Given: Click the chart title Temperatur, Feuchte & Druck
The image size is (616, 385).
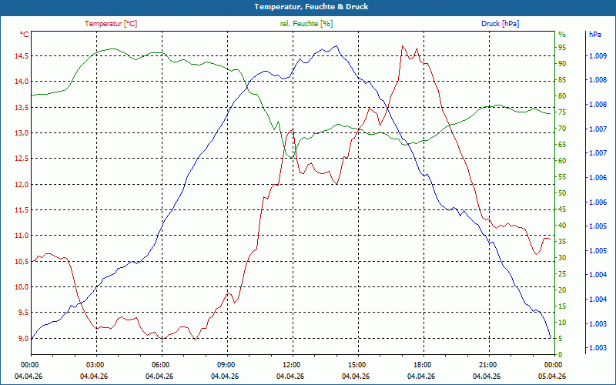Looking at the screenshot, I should pyautogui.click(x=307, y=6).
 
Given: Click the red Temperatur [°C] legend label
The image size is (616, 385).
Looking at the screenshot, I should pyautogui.click(x=111, y=24).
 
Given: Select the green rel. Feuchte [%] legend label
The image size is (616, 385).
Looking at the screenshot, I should pyautogui.click(x=306, y=24).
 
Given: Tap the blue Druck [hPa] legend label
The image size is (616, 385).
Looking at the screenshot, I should pyautogui.click(x=500, y=24).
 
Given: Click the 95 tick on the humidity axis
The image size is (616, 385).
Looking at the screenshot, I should pyautogui.click(x=562, y=47).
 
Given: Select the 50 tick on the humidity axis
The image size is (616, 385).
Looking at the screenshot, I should pyautogui.click(x=562, y=193).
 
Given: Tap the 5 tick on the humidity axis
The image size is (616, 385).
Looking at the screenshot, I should pyautogui.click(x=561, y=339).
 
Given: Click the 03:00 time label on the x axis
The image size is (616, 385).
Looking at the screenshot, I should pyautogui.click(x=95, y=364).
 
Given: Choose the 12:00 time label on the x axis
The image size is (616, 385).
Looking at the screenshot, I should pyautogui.click(x=292, y=364).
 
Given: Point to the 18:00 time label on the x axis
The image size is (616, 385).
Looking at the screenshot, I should pyautogui.click(x=422, y=364).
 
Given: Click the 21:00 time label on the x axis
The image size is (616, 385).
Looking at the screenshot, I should pyautogui.click(x=487, y=364).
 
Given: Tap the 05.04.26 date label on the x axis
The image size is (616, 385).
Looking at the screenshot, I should pyautogui.click(x=553, y=376).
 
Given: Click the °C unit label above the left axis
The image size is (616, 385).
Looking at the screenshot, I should pyautogui.click(x=25, y=35).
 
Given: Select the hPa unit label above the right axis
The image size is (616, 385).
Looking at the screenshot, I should pyautogui.click(x=594, y=35).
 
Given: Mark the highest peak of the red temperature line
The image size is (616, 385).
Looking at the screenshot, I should pyautogui.click(x=402, y=46).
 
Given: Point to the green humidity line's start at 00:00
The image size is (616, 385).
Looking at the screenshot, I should pyautogui.click(x=32, y=95).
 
